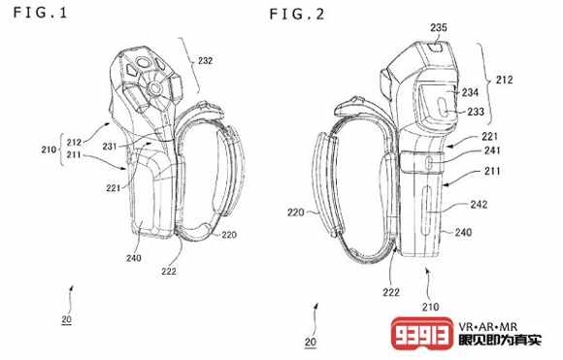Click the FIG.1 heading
pos(40,13)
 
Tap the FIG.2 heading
pos(297,15)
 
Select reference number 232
pos(206,61)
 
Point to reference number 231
pos(110,147)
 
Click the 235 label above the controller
pos(439,27)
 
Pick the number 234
pos(470,92)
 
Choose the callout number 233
pos(476,112)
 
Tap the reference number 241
pos(492,150)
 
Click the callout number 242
pos(479,204)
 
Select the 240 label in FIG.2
pos(464,232)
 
